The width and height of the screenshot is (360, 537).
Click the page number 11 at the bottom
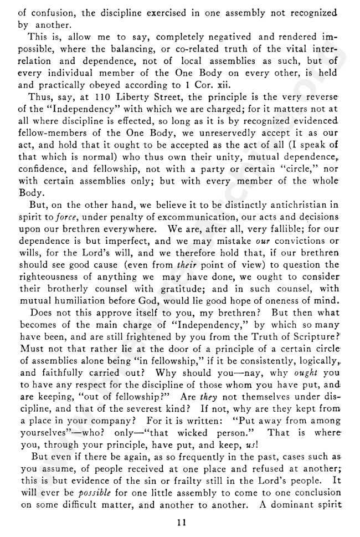(x=180, y=520)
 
